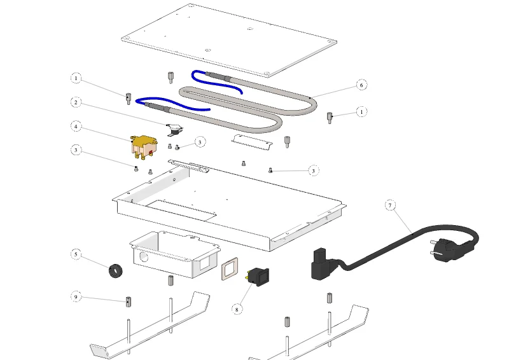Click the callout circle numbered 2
tap(76, 102)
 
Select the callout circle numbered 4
tap(76, 127)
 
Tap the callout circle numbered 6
tap(361, 85)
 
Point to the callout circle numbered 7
tap(390, 205)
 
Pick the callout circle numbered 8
tap(237, 309)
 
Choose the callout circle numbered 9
tap(76, 296)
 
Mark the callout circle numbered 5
tap(76, 254)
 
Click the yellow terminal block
tap(144, 147)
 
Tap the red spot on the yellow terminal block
tap(150, 152)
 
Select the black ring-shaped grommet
tap(115, 271)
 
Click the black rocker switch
tap(259, 277)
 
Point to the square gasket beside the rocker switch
tap(230, 268)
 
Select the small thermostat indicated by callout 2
tap(174, 129)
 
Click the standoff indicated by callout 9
tap(129, 301)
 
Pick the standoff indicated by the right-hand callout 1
tap(330, 118)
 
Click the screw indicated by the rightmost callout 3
tap(270, 170)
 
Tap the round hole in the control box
tap(144, 258)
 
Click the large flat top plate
tap(229, 41)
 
